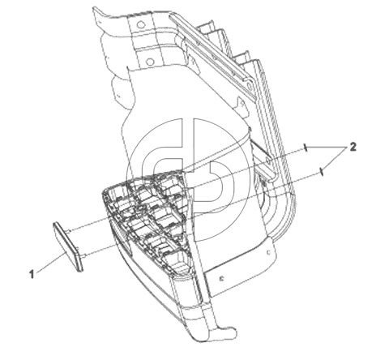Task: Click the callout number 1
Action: click(x=32, y=274)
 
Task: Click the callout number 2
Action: click(x=352, y=147)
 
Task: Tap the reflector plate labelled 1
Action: click(x=68, y=246)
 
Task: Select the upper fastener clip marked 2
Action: click(x=305, y=148)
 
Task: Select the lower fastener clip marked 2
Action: click(x=321, y=171)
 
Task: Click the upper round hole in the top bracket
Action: click(x=140, y=25)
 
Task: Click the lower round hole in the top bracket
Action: click(x=149, y=62)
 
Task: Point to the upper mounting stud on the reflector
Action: click(x=70, y=230)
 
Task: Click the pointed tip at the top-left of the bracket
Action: click(x=94, y=9)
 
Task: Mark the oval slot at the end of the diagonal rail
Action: click(x=250, y=86)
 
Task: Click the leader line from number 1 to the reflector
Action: click(x=51, y=262)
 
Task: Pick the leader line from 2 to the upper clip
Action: click(x=327, y=148)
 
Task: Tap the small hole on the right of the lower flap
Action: click(x=268, y=252)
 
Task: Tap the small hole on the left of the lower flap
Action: click(x=221, y=278)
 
